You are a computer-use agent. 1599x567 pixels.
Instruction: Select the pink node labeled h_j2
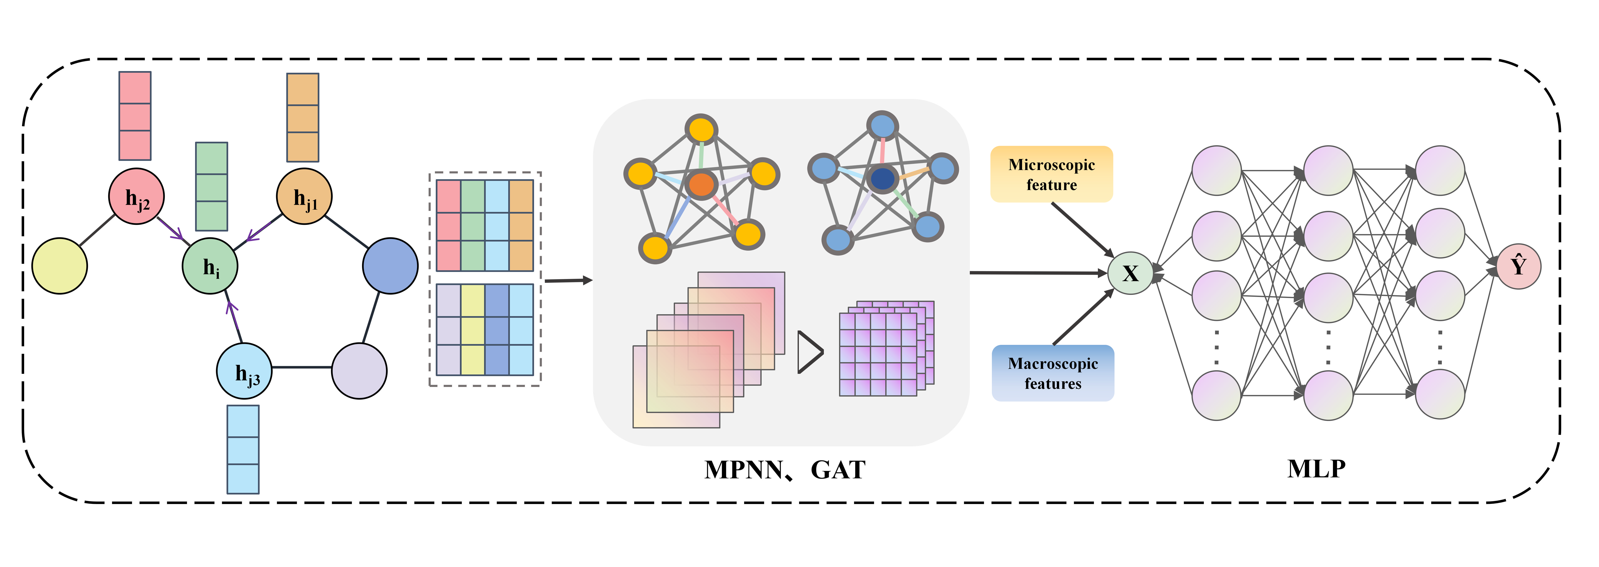point(137,196)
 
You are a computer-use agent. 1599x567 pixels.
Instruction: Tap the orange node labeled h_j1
point(304,196)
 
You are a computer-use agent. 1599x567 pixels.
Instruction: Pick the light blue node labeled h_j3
point(244,371)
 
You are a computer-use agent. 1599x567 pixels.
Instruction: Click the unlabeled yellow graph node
point(60,266)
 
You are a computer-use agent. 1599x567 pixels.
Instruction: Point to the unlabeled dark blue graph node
point(390,266)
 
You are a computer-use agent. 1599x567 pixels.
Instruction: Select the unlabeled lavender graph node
point(359,371)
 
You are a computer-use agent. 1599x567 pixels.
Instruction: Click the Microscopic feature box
point(1051,174)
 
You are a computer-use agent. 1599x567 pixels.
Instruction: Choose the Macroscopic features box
point(1053,373)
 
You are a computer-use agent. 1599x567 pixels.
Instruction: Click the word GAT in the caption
point(838,470)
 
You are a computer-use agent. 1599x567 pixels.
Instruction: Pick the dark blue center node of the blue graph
point(882,179)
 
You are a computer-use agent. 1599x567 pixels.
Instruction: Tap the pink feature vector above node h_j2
point(135,116)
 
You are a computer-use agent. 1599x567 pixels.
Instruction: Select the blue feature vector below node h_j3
point(243,450)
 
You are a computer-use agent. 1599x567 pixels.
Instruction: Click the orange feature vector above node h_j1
point(302,118)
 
